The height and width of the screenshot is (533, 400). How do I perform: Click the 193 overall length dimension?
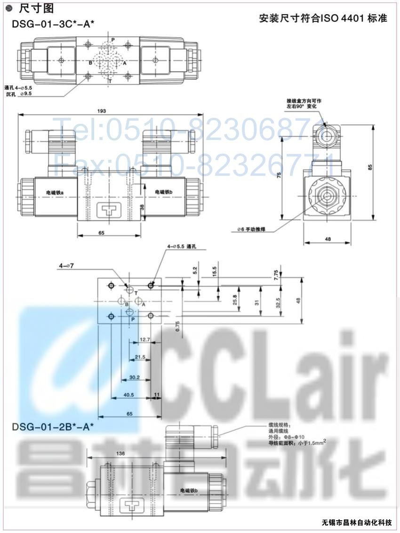102,111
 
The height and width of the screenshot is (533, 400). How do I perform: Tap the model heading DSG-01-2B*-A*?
53,427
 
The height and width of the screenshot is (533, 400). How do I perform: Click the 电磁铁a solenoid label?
55,192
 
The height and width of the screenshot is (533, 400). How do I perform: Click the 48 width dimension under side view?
328,239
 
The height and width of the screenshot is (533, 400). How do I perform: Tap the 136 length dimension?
120,453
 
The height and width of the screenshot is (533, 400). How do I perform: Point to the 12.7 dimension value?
144,340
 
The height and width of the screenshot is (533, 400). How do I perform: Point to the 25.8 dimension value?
235,299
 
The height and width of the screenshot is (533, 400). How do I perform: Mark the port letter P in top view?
113,40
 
